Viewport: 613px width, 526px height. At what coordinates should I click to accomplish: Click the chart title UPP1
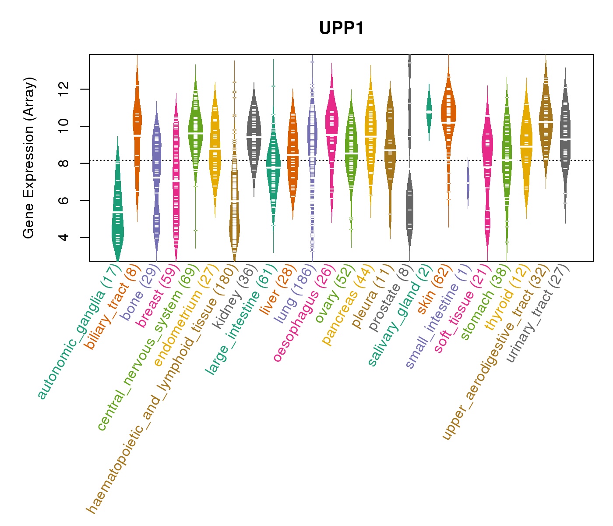341,28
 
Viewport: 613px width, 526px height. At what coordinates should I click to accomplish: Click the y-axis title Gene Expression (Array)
29,158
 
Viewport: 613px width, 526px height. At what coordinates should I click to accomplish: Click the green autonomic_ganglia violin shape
117,219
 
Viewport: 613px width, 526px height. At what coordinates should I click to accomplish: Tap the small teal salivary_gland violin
429,112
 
